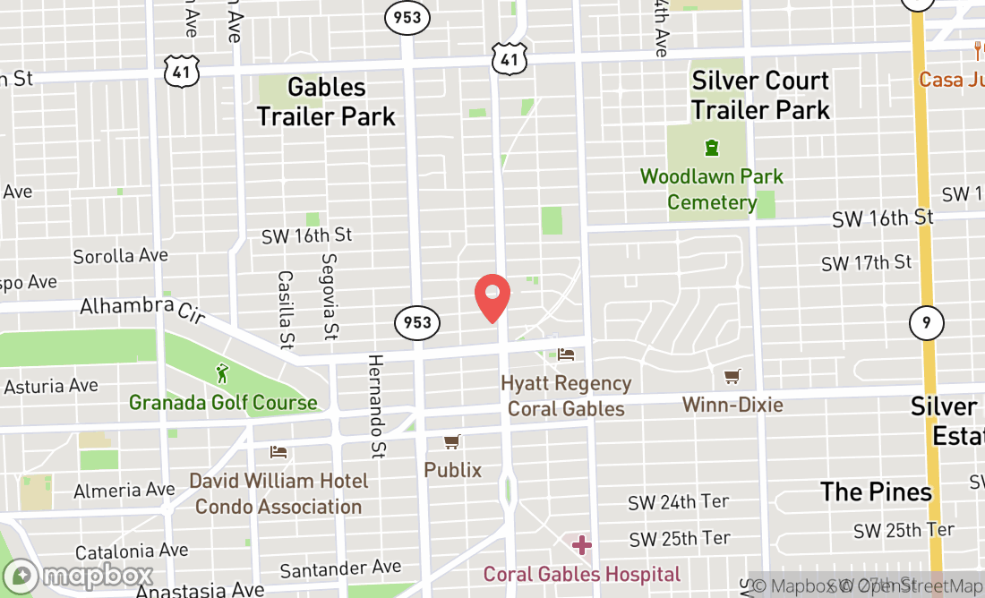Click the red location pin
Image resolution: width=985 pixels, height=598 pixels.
tap(492, 296)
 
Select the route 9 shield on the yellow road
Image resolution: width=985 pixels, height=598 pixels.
tap(926, 322)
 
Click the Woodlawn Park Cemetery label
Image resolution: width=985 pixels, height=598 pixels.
tap(712, 190)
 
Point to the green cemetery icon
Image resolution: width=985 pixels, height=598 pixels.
tap(712, 146)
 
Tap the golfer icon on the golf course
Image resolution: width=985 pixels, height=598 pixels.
tap(222, 372)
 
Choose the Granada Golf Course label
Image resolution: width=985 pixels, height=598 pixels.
tap(223, 403)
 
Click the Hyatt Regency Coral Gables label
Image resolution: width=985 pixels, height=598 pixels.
tap(566, 396)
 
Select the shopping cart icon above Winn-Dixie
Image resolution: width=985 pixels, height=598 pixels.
tap(732, 377)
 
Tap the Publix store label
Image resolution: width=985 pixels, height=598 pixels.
tap(452, 470)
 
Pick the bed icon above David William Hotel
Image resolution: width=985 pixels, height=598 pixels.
tap(279, 451)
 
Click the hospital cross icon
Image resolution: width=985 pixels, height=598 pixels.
tap(582, 544)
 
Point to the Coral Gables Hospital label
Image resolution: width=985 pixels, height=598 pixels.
tap(582, 574)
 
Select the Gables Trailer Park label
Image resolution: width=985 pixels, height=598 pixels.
tap(326, 101)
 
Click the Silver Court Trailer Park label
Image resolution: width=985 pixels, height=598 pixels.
tap(761, 95)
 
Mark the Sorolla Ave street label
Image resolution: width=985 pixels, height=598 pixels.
tap(121, 256)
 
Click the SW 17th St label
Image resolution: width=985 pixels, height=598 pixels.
tap(867, 263)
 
